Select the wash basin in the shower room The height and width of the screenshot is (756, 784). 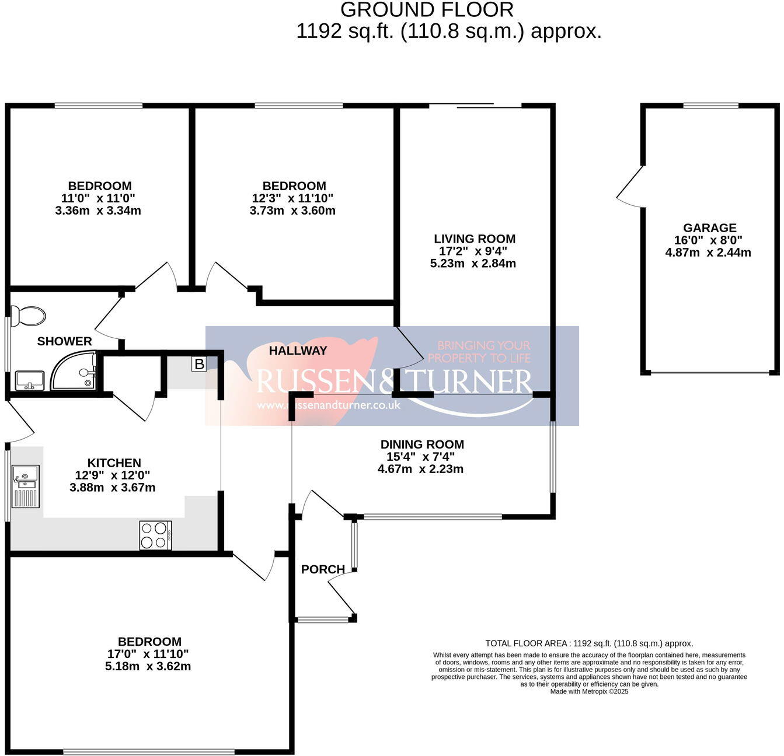point(29,380)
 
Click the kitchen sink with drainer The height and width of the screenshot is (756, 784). point(25,486)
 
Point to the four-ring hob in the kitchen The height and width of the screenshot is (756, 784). point(155,535)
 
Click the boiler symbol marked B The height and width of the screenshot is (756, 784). point(199,364)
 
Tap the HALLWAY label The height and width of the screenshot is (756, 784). point(298,351)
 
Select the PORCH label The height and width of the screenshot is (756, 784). point(323,569)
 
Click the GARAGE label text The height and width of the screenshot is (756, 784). point(709,228)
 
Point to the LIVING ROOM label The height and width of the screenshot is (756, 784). point(475,239)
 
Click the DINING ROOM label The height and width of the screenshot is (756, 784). point(422,444)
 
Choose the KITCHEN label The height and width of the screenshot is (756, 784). point(114,463)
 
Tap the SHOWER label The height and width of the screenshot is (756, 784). point(64,341)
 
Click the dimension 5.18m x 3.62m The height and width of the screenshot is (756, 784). point(148,666)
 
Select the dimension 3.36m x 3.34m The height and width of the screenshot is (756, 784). point(98,211)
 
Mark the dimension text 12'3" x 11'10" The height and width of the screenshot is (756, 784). point(292,198)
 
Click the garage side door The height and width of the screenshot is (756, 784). point(629,187)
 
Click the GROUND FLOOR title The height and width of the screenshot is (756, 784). point(427,10)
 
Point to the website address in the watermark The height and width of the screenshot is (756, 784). point(329,405)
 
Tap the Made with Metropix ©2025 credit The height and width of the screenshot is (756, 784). point(589,691)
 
